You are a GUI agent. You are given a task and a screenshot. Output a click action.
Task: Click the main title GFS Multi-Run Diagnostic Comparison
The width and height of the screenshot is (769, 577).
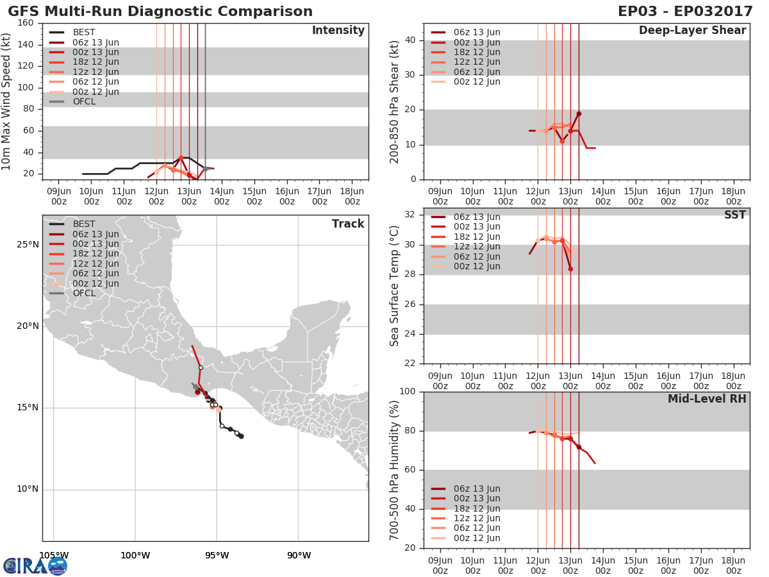pyautogui.click(x=160, y=12)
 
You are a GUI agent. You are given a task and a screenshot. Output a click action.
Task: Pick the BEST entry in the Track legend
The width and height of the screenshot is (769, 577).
pyautogui.click(x=83, y=224)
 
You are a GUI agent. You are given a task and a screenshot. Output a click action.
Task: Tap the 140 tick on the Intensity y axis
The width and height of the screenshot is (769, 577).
pyautogui.click(x=26, y=45)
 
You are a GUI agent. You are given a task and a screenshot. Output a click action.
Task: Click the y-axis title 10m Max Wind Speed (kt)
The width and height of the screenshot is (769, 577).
pyautogui.click(x=7, y=101)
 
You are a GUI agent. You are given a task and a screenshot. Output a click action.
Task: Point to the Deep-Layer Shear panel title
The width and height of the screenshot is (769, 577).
pyautogui.click(x=692, y=31)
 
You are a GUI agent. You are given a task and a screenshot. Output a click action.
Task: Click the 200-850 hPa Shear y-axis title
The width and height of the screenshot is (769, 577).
pyautogui.click(x=395, y=101)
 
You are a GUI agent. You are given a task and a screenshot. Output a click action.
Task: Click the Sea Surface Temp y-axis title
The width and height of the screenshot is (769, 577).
pyautogui.click(x=395, y=286)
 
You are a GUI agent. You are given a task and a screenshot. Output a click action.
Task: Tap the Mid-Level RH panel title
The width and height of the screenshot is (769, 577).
pyautogui.click(x=706, y=399)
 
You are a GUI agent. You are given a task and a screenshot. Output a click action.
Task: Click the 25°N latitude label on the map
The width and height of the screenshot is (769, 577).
pyautogui.click(x=26, y=244)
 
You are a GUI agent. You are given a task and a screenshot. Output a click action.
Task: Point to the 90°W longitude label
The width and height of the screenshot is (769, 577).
pyautogui.click(x=299, y=555)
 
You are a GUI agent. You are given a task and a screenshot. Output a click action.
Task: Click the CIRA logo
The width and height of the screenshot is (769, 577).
pyautogui.click(x=35, y=565)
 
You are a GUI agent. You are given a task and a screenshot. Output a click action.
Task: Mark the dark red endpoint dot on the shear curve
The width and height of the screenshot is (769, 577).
pyautogui.click(x=579, y=113)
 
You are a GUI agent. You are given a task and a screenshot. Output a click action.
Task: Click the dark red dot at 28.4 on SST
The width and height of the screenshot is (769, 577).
pyautogui.click(x=570, y=269)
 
